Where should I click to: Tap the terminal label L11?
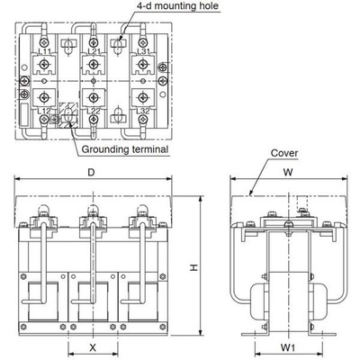click(43, 51)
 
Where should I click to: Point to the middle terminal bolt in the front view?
click(91, 214)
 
